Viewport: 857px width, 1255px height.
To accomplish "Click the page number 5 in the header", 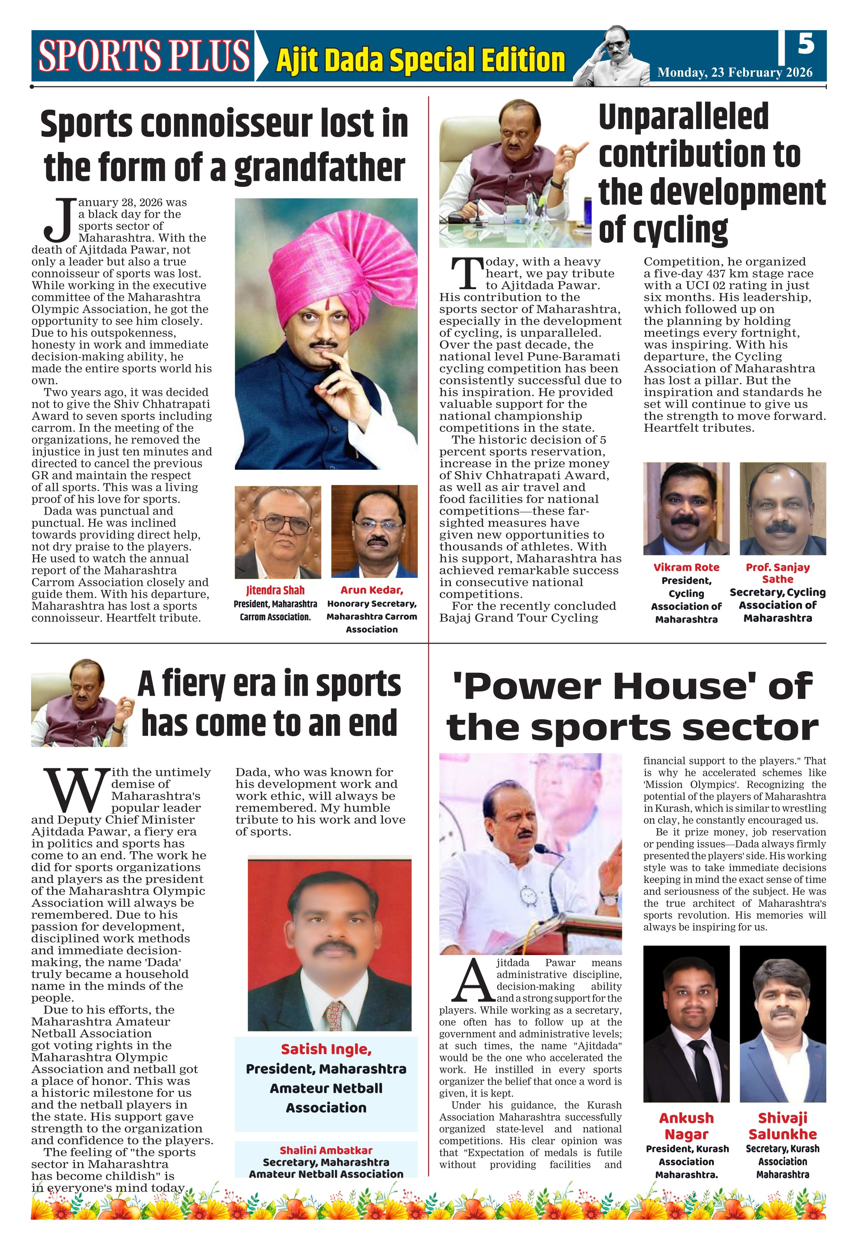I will click(806, 44).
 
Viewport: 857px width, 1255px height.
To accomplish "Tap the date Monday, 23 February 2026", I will click(735, 73).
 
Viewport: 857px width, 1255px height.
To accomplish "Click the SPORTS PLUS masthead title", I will click(144, 56).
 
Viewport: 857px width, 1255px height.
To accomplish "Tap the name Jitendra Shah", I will click(276, 591).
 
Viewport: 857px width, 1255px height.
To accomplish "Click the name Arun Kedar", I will click(372, 590).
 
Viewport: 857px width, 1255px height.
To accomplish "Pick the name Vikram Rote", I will click(686, 567).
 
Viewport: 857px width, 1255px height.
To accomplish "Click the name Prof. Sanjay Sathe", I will click(778, 574).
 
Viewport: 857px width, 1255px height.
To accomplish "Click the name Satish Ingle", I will click(326, 1049).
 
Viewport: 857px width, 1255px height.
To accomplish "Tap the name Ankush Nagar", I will click(686, 1126).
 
